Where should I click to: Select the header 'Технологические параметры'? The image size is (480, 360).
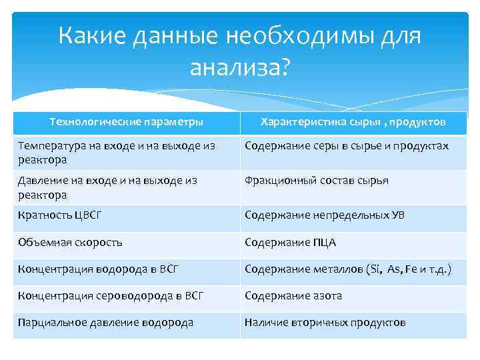(x=127, y=122)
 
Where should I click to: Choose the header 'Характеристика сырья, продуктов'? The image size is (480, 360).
(x=353, y=122)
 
